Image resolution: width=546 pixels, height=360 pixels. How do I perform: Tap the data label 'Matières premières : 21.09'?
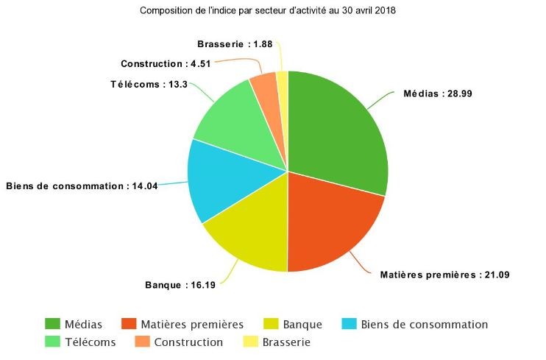[444, 275]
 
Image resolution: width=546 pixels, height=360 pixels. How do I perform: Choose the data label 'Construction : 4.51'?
[166, 63]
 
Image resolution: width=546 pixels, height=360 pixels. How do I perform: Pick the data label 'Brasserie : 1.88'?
[235, 43]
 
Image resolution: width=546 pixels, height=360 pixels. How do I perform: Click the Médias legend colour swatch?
[52, 324]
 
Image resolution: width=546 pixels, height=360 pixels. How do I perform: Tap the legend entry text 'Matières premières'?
[194, 324]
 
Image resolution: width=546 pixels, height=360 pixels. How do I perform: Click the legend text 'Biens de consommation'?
[425, 324]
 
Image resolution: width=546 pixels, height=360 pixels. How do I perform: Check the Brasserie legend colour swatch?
[249, 342]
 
